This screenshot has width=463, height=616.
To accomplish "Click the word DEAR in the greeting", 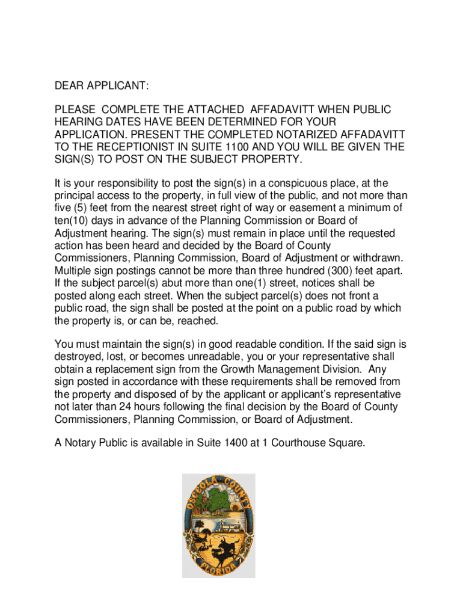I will pyautogui.click(x=68, y=86).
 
